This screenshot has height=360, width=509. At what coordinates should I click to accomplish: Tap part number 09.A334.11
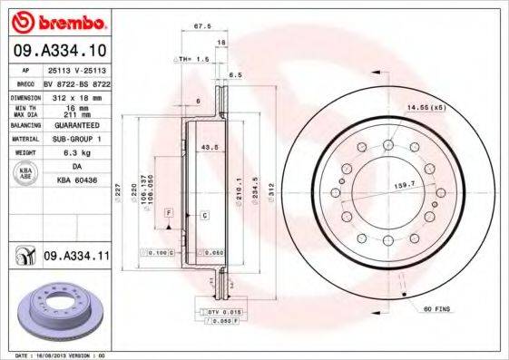point(76,257)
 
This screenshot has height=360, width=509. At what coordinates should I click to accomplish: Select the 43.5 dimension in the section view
point(207,147)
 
